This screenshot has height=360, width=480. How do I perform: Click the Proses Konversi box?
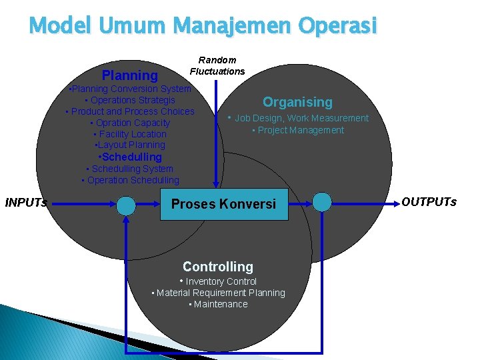pyautogui.click(x=224, y=204)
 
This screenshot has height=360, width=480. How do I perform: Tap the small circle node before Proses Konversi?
pyautogui.click(x=126, y=206)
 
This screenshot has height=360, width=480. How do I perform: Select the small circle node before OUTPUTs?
pyautogui.click(x=322, y=202)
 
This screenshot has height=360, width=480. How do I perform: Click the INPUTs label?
pyautogui.click(x=26, y=203)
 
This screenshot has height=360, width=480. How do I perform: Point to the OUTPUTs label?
pyautogui.click(x=429, y=202)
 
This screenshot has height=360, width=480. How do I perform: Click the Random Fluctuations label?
pyautogui.click(x=217, y=66)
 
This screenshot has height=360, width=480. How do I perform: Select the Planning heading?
pyautogui.click(x=130, y=75)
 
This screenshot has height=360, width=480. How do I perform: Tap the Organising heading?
pyautogui.click(x=297, y=102)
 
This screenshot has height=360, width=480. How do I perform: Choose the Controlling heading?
pyautogui.click(x=218, y=267)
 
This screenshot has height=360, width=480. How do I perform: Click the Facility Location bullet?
pyautogui.click(x=130, y=134)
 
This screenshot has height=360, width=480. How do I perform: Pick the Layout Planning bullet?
pyautogui.click(x=130, y=145)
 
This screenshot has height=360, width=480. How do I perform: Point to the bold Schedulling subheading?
pyautogui.click(x=130, y=157)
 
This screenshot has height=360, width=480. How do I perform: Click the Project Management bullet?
pyautogui.click(x=298, y=130)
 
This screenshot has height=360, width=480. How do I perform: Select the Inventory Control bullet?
pyautogui.click(x=218, y=281)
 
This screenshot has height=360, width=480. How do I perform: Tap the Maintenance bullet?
pyautogui.click(x=219, y=304)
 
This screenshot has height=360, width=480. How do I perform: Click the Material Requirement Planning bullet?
pyautogui.click(x=219, y=293)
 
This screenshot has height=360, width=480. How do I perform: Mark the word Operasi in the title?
pyautogui.click(x=337, y=26)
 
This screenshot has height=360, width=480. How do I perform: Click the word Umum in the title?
pyautogui.click(x=132, y=25)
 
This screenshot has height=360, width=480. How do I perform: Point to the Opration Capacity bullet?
pyautogui.click(x=130, y=123)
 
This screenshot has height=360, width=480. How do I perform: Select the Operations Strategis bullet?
pyautogui.click(x=130, y=100)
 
